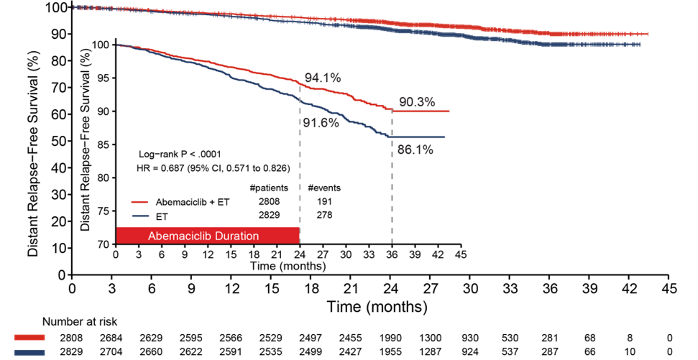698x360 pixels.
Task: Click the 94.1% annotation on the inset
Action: [x=322, y=77]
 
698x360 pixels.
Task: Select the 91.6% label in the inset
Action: [x=319, y=123]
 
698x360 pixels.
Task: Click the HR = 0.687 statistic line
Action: [x=213, y=169]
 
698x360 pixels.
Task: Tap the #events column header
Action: [x=324, y=188]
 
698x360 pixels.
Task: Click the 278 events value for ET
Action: [x=324, y=216]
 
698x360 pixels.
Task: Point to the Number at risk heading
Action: [x=78, y=321]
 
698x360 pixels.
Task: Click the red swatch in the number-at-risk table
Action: [x=29, y=337]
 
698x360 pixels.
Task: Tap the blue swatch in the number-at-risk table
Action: [x=29, y=352]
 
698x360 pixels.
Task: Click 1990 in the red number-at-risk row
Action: [x=390, y=337]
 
